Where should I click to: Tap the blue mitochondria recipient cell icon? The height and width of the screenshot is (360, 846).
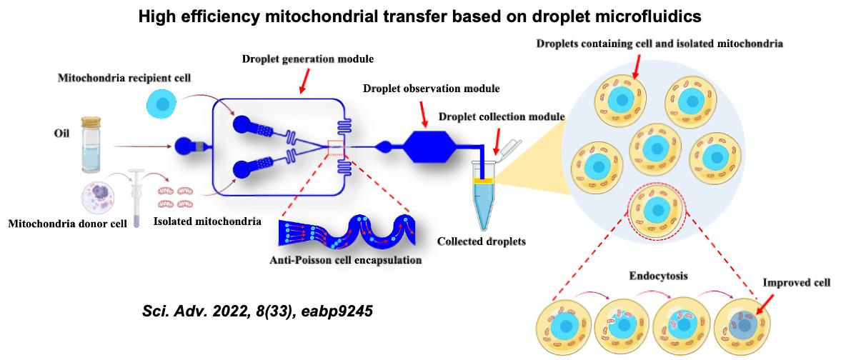pos(163,105)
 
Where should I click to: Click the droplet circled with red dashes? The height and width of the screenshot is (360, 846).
pos(654,211)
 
